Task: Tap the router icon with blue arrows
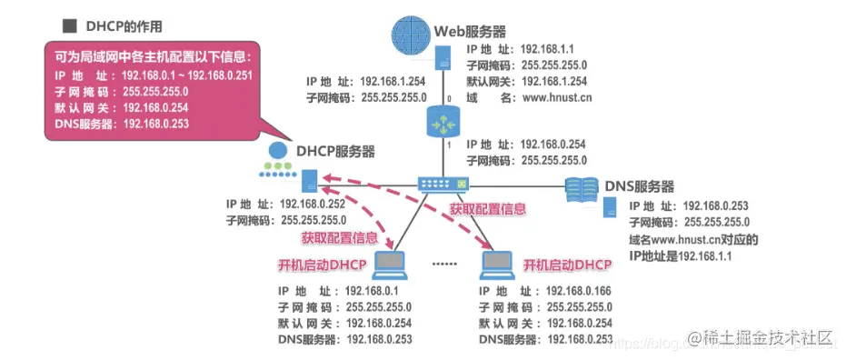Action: click(443, 120)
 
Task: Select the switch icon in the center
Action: click(444, 183)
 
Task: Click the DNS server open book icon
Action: click(582, 188)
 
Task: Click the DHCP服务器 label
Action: click(334, 151)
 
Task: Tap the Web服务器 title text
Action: click(470, 30)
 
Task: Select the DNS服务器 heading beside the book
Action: click(640, 186)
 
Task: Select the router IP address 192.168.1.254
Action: click(393, 81)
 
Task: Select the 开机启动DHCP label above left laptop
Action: click(321, 265)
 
